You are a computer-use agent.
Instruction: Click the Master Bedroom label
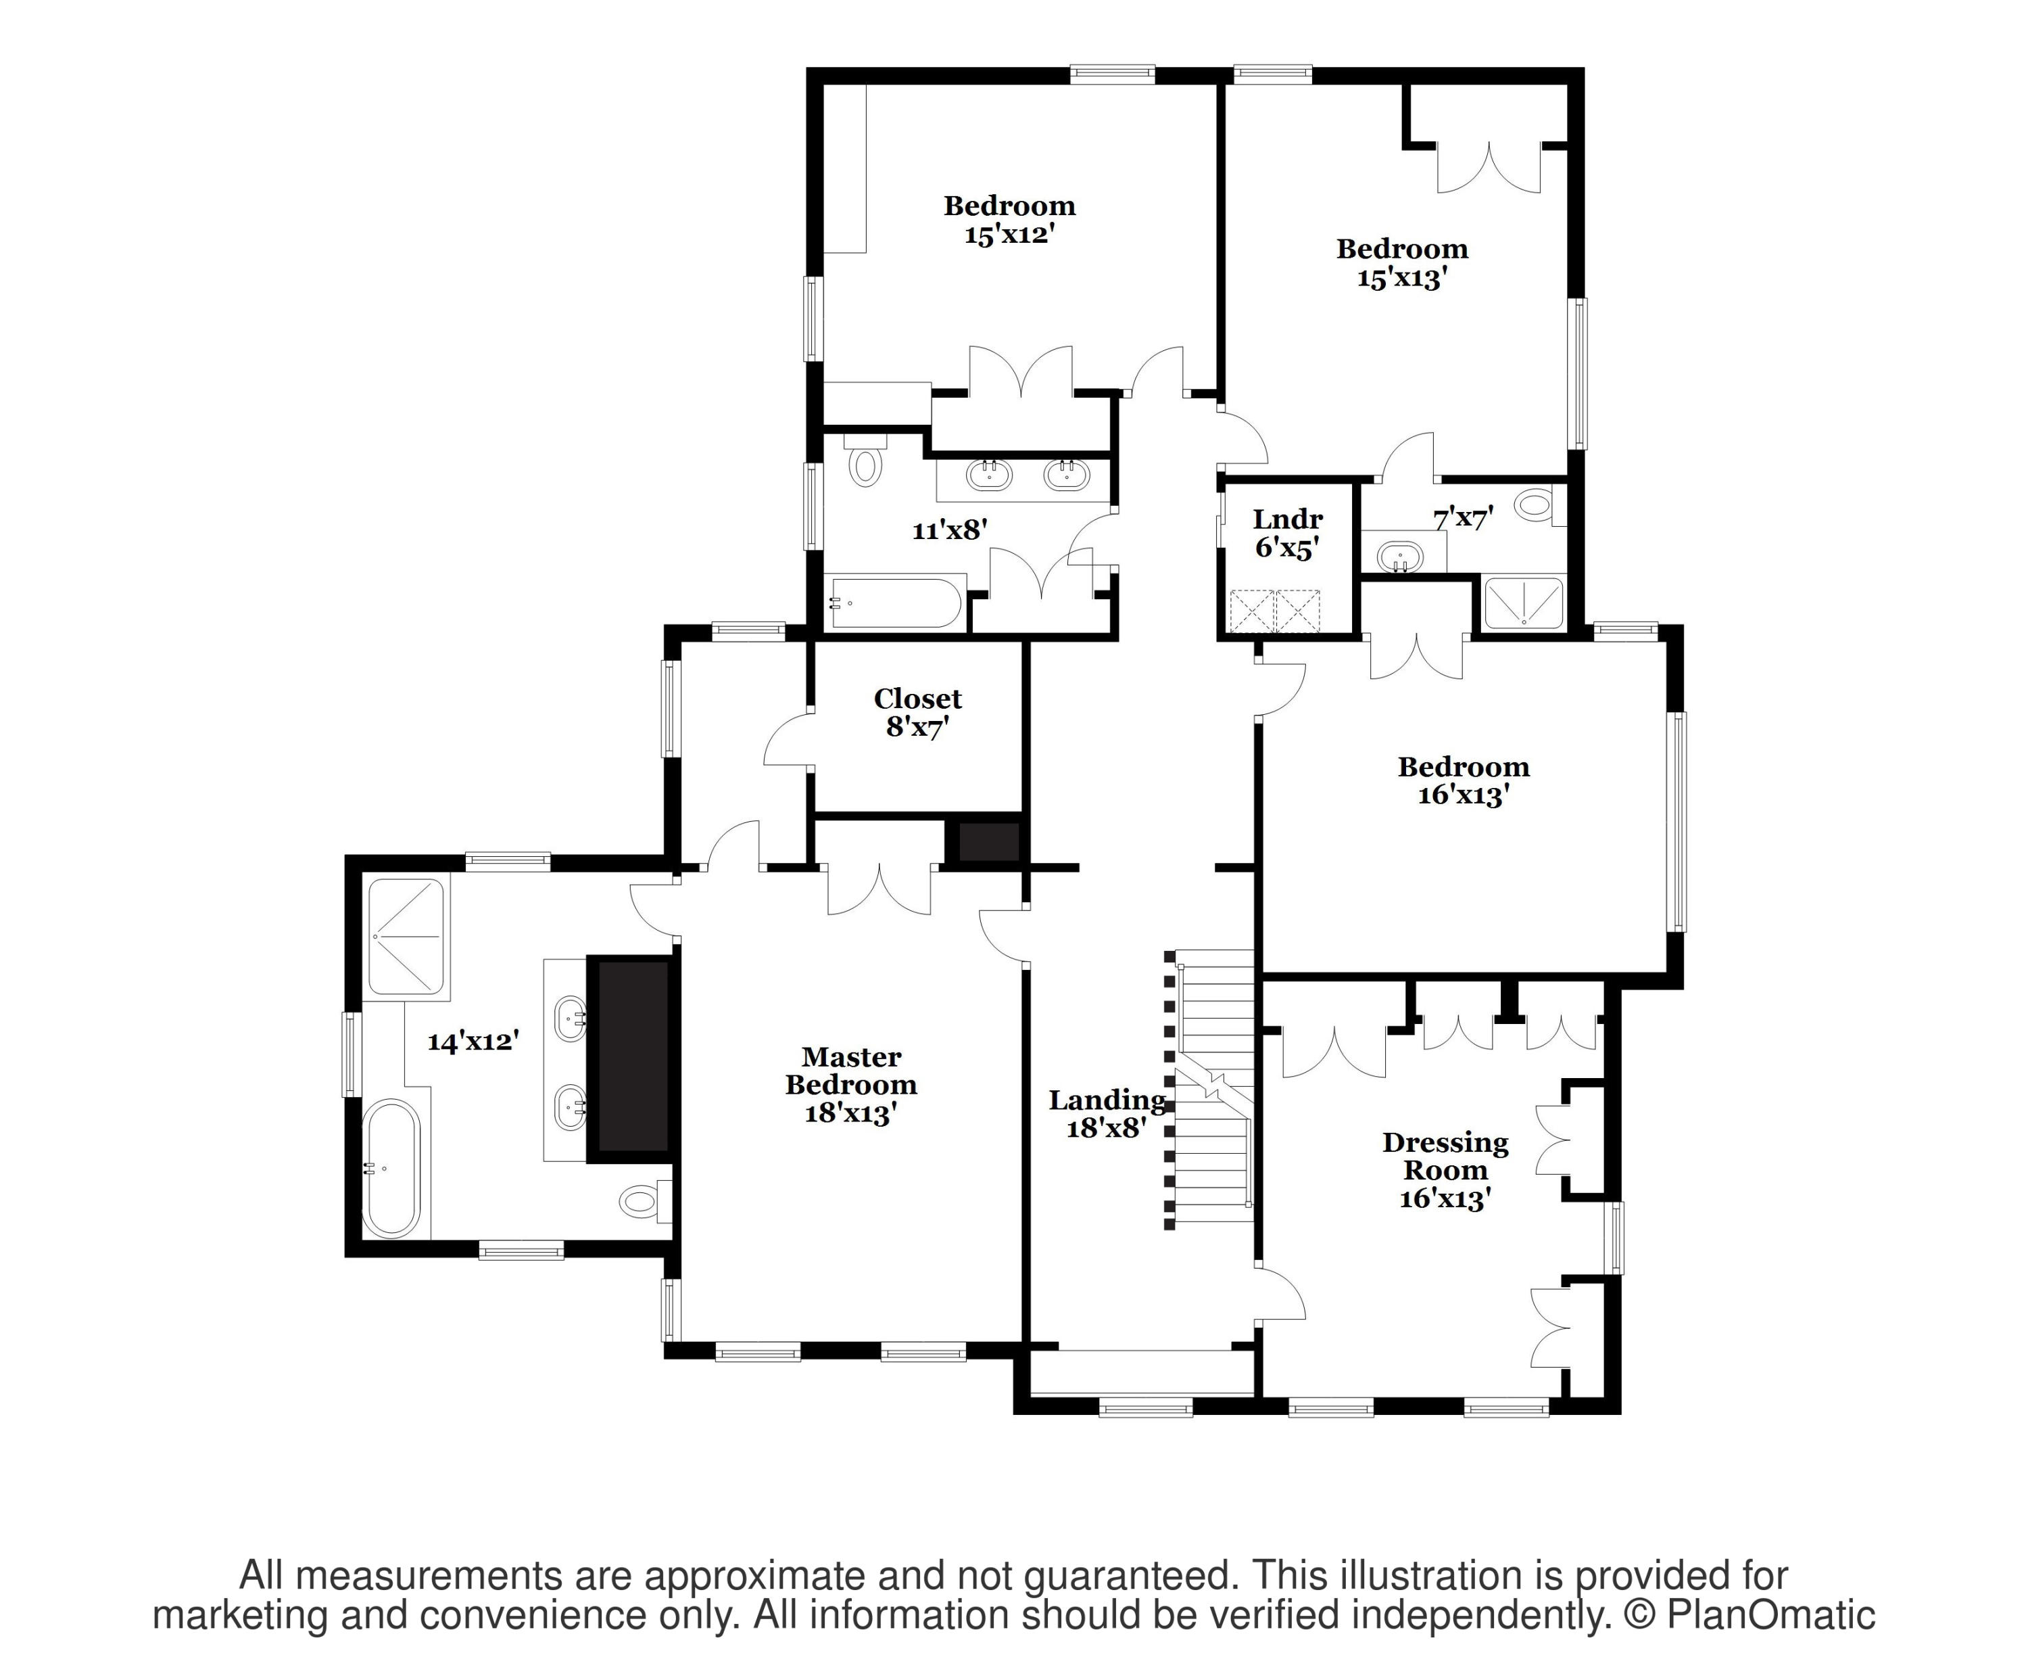click(851, 1084)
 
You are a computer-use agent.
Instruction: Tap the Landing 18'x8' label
click(1107, 1113)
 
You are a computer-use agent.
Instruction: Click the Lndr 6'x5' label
click(1287, 533)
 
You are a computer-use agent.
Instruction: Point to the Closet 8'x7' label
click(917, 712)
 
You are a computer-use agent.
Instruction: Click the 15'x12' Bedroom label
click(1009, 219)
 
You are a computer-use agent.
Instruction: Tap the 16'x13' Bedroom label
click(1463, 780)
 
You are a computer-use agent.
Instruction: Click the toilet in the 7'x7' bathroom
click(1535, 505)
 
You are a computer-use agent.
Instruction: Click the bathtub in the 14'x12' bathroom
click(391, 1168)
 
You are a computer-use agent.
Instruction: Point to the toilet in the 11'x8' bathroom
click(865, 465)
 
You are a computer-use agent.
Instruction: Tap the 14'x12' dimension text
click(473, 1042)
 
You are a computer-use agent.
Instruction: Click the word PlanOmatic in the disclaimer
click(1770, 1615)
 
